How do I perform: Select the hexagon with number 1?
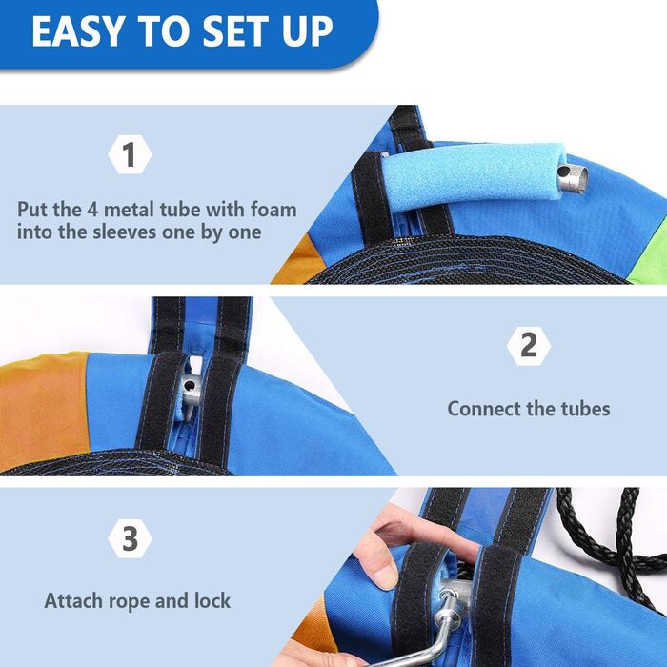click(x=130, y=154)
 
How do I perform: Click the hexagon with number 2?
click(x=529, y=346)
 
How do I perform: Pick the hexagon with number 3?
click(x=130, y=538)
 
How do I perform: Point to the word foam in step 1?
click(x=273, y=210)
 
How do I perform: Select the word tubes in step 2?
click(x=585, y=409)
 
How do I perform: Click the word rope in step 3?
click(x=130, y=602)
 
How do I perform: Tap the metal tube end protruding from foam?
click(x=573, y=179)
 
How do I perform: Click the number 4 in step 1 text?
click(x=92, y=210)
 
